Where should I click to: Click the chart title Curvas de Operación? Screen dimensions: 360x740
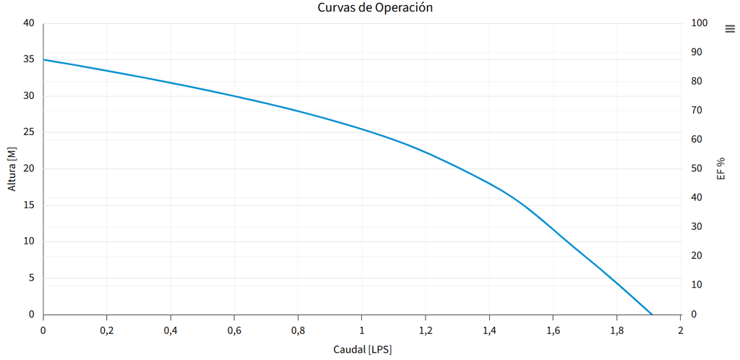click(x=375, y=8)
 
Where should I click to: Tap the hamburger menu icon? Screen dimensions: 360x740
click(x=730, y=29)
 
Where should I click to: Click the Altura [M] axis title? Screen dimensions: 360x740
click(x=12, y=169)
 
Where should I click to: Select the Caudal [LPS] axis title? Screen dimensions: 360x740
click(x=362, y=350)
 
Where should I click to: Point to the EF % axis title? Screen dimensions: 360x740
click(x=720, y=168)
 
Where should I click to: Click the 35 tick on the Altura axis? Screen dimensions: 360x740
click(x=29, y=60)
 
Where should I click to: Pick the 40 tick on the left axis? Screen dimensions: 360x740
click(x=29, y=23)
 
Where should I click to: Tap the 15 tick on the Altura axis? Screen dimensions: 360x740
click(x=29, y=205)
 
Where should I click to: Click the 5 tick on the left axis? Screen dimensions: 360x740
click(x=31, y=278)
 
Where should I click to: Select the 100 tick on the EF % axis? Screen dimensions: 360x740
click(x=700, y=23)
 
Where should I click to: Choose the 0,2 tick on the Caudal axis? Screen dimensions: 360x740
click(x=107, y=330)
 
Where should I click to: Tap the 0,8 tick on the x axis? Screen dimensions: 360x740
click(x=298, y=330)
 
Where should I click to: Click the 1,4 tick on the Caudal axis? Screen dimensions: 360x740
click(x=489, y=330)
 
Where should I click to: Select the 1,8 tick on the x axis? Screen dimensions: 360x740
click(x=616, y=330)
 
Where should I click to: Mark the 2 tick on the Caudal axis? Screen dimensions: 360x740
click(x=680, y=330)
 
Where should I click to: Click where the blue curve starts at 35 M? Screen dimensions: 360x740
click(x=44, y=60)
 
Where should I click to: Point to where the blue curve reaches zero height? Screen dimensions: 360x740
click(x=652, y=314)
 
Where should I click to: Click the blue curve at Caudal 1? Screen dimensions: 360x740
click(x=362, y=129)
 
